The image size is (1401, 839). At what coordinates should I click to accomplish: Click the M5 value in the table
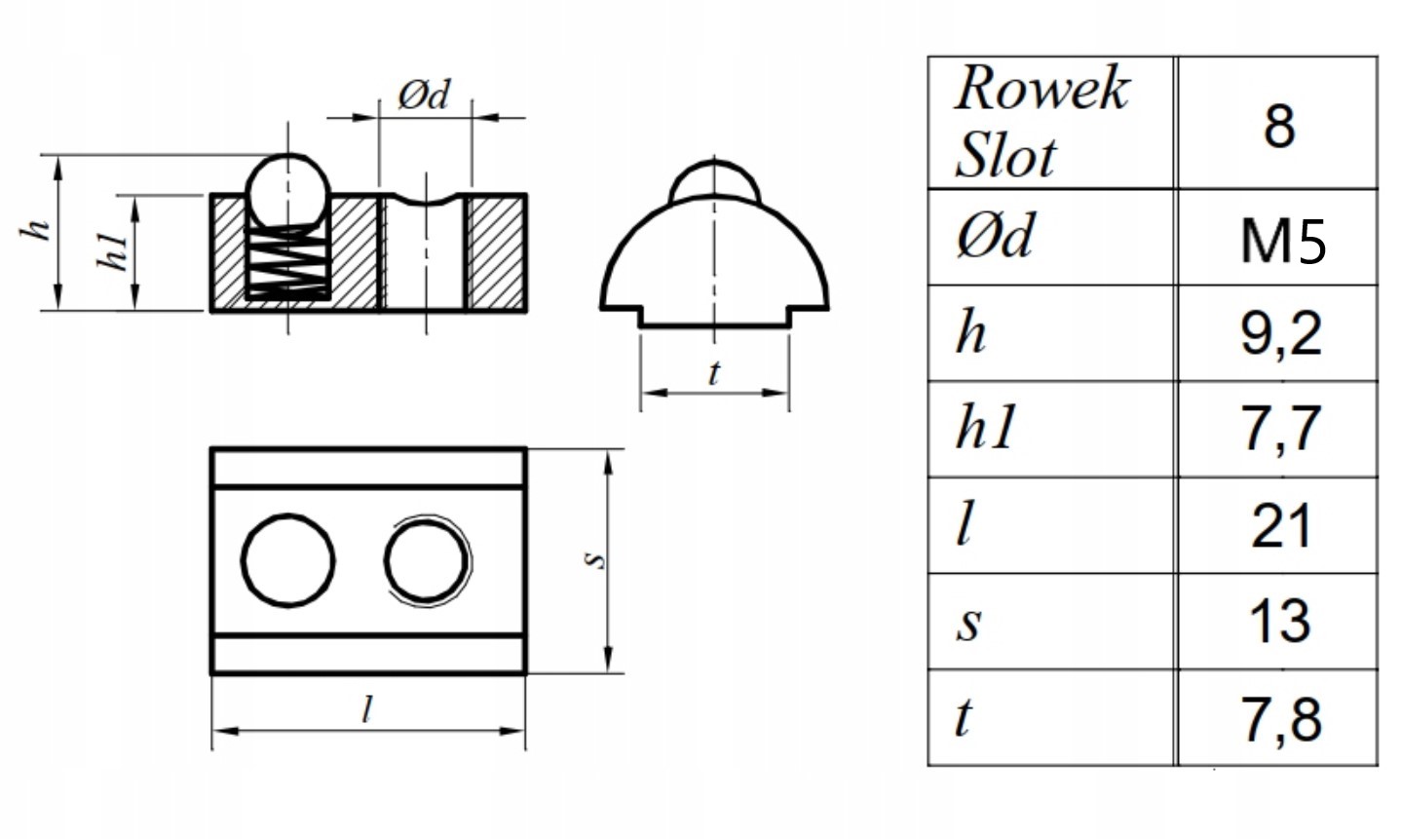coord(1283,242)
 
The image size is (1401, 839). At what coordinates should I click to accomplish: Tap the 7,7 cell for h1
coord(1281,429)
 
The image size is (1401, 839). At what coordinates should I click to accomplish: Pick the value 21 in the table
coord(1280,526)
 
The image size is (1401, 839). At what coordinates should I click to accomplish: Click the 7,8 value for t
coord(1281,720)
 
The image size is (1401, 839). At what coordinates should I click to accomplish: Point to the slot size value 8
coord(1279,127)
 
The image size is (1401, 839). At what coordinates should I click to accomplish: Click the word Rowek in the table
coord(1042,88)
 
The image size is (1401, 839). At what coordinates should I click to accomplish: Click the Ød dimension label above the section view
coord(424,95)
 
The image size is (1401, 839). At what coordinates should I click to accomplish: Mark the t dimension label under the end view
coord(713,373)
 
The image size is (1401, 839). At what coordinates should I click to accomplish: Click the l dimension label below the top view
coord(367,709)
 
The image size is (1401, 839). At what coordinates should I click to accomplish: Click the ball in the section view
coord(287,190)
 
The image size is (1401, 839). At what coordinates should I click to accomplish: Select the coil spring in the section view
coord(287,263)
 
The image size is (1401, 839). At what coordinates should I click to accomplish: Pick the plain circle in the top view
coord(287,560)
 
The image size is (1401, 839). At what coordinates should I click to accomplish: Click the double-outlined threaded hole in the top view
coord(428,561)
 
